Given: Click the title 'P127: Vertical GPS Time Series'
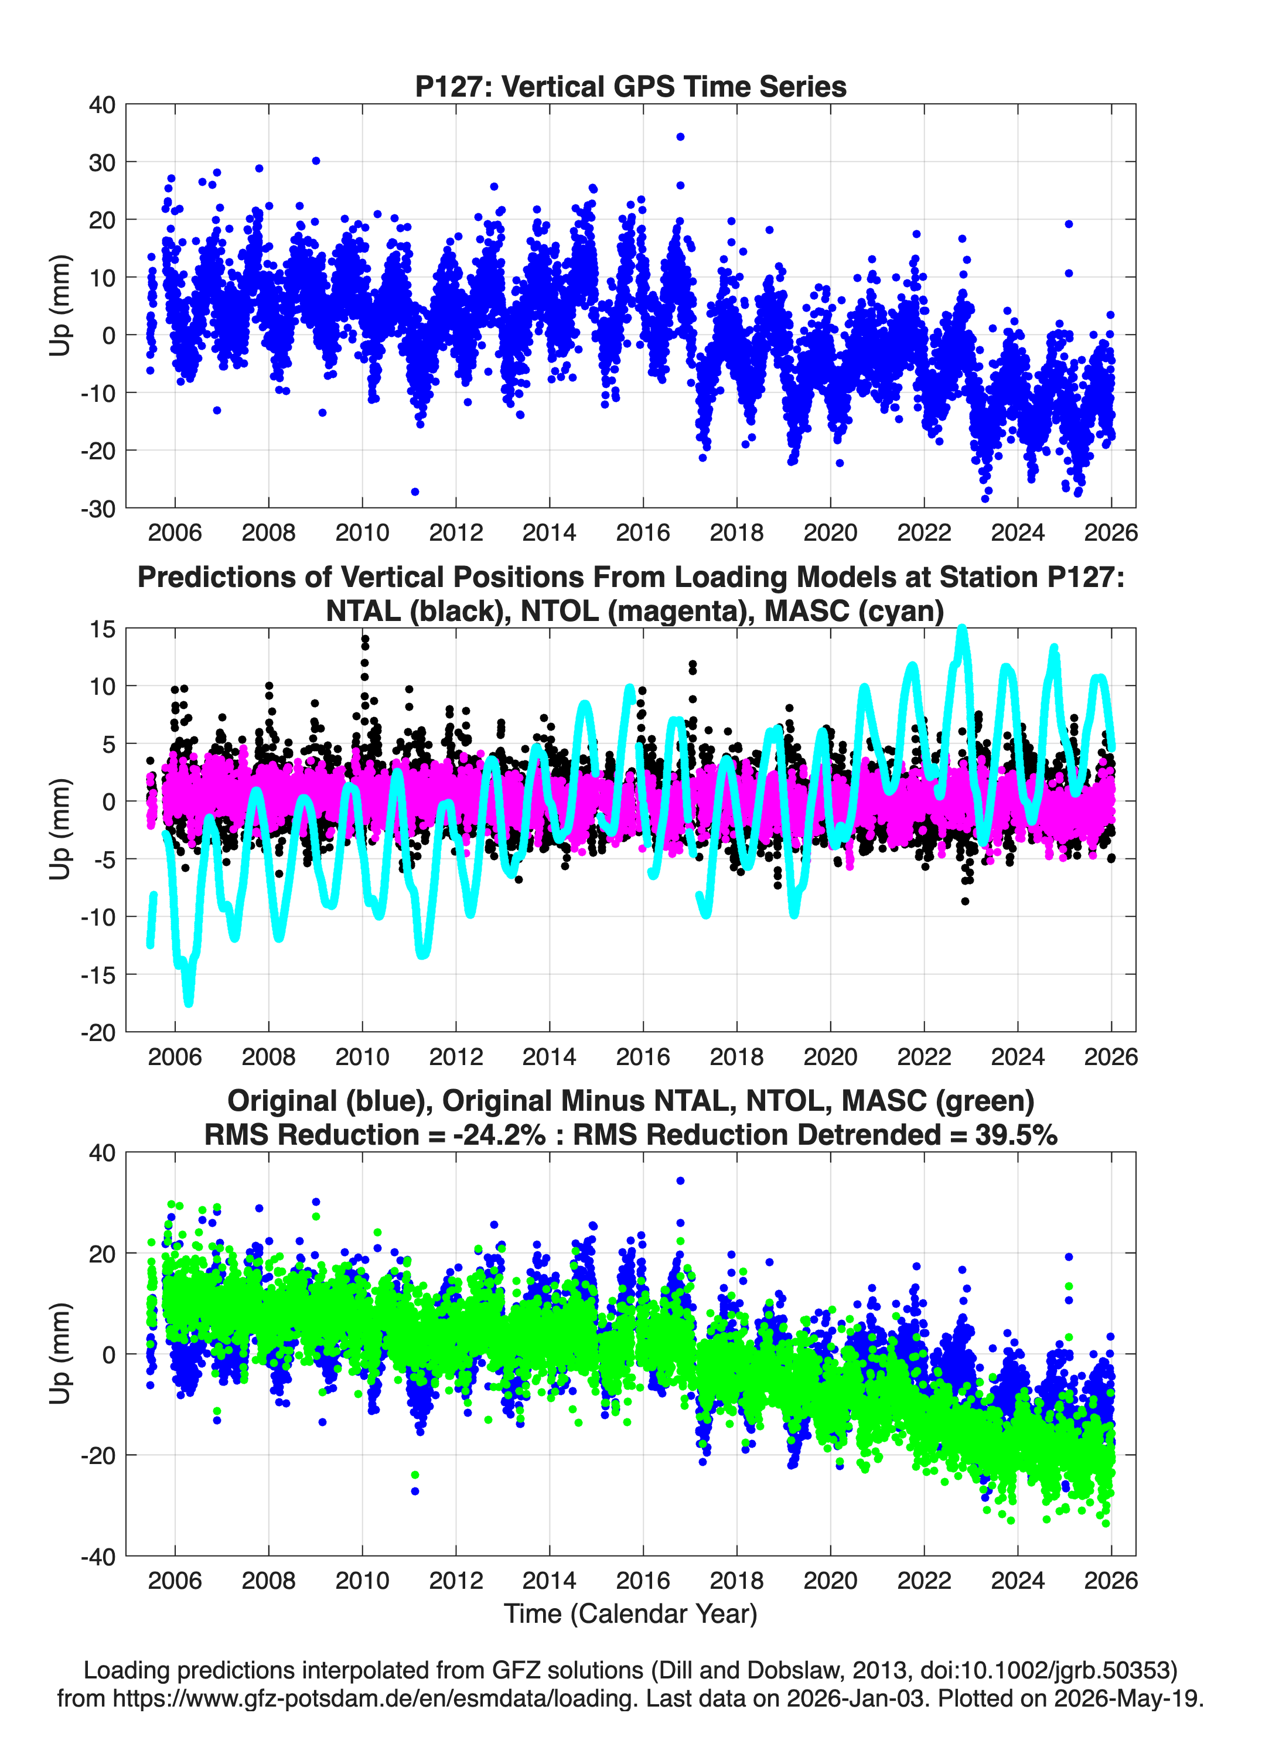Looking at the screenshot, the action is point(630,86).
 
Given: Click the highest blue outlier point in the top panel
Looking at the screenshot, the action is point(680,137).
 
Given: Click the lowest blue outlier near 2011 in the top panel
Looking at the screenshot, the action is point(415,492).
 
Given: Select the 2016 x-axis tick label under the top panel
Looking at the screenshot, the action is point(643,533).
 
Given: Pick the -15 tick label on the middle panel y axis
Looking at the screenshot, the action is point(98,975).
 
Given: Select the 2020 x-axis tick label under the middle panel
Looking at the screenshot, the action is point(830,1056).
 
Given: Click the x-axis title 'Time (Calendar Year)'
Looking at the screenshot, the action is point(630,1614).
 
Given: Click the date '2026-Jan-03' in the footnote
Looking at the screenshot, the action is point(856,1698).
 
